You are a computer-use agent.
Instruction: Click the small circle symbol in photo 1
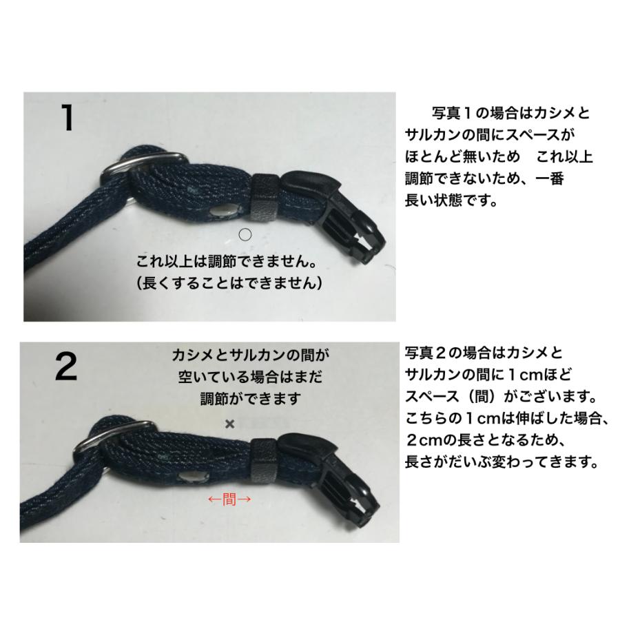245,234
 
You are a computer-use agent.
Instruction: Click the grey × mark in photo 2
229,424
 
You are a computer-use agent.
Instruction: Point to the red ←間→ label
229,499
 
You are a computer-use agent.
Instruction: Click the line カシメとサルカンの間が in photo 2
250,355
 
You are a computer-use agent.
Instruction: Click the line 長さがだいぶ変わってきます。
499,462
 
